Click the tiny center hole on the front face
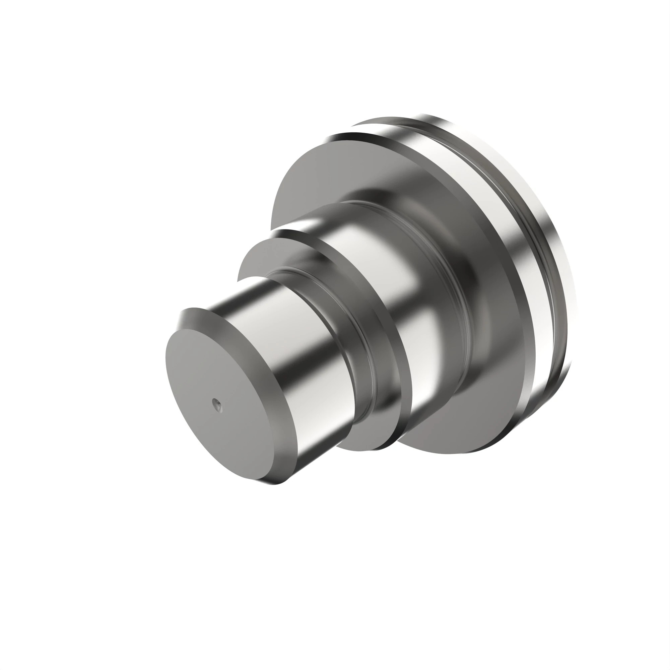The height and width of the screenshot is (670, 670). [217, 403]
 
